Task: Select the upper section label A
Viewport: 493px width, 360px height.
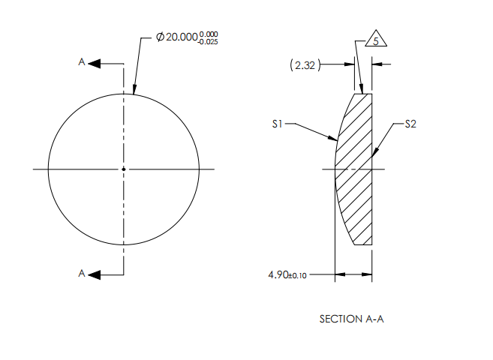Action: click(82, 64)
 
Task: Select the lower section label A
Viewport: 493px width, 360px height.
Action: click(82, 274)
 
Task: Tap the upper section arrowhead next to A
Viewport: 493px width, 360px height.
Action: click(95, 64)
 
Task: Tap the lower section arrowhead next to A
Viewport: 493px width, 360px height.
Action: click(95, 274)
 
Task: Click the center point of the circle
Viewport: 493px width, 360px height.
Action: click(124, 169)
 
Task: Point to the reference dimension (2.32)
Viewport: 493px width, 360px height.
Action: click(305, 66)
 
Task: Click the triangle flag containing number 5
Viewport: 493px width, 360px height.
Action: click(374, 42)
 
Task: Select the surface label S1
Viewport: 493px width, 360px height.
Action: click(278, 124)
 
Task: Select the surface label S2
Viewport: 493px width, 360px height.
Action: click(410, 124)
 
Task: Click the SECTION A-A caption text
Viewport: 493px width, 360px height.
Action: click(352, 319)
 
